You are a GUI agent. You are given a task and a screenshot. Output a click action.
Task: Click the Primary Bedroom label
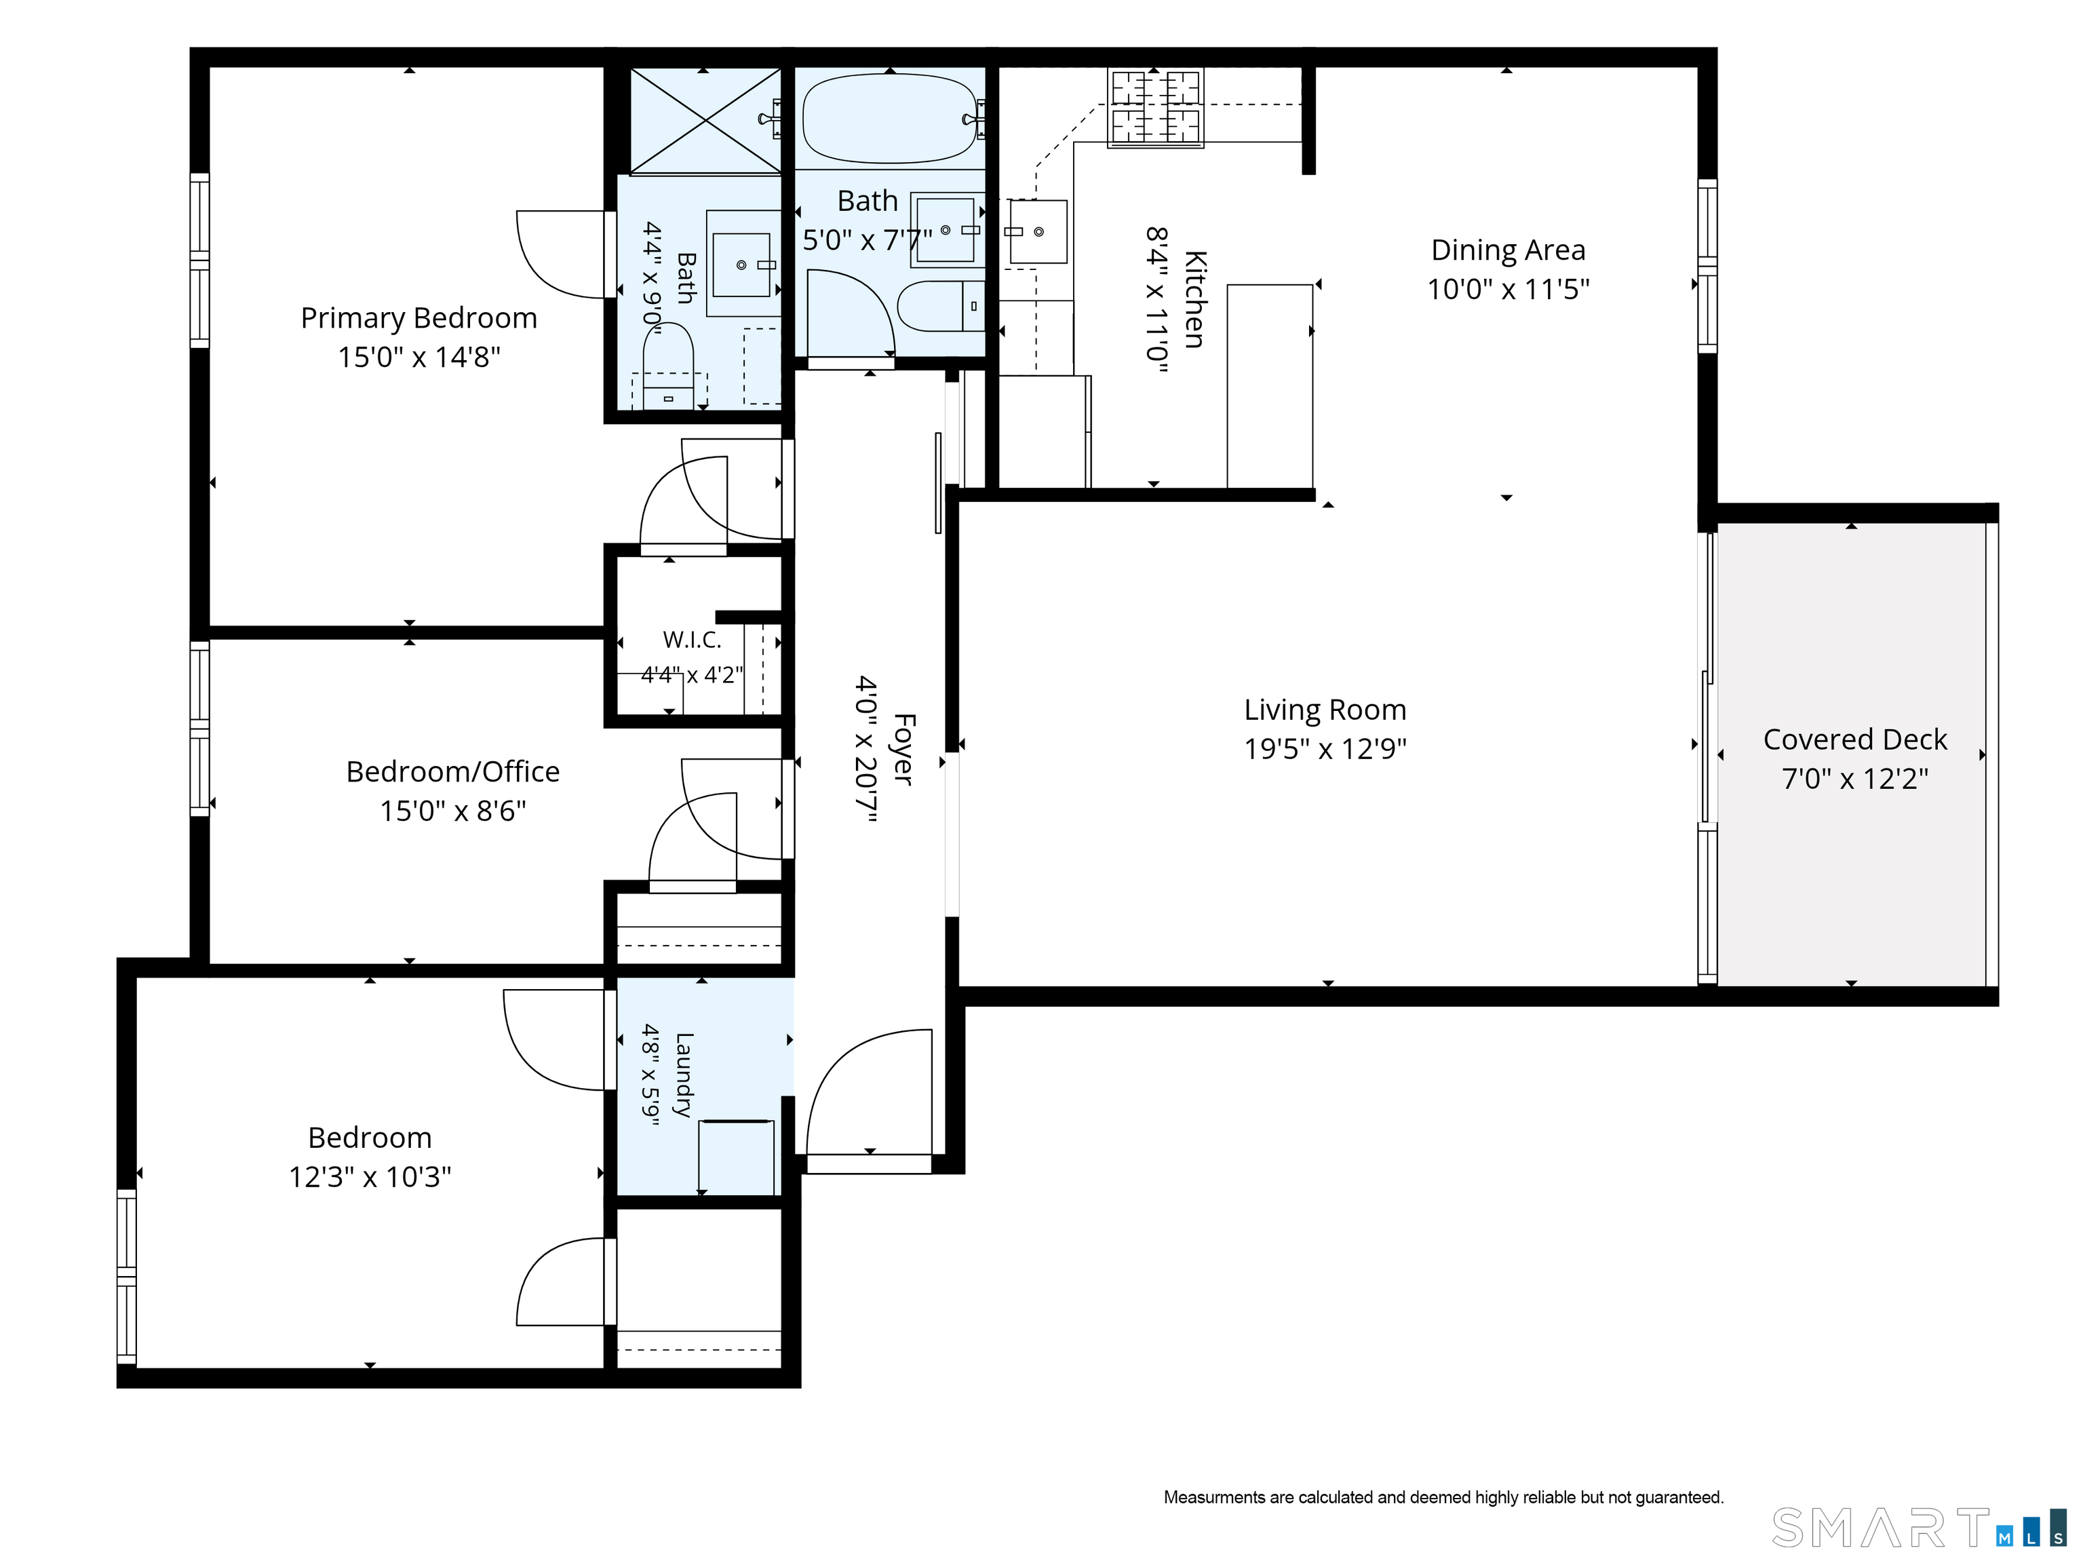point(419,318)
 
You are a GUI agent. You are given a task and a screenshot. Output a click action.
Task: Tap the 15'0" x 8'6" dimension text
point(453,811)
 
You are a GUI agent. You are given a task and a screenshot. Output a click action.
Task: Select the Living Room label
point(1325,710)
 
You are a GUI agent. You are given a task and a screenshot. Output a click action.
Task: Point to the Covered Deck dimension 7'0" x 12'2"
point(1855,779)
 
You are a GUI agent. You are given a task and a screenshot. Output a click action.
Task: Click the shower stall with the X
point(705,121)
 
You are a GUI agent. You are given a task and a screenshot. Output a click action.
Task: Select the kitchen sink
point(1038,231)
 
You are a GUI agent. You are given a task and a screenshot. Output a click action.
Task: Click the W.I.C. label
point(692,640)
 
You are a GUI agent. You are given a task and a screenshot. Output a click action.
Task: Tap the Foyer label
point(903,750)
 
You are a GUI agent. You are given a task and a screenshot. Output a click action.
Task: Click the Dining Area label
point(1508,250)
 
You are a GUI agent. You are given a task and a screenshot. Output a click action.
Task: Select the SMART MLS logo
point(1919,1527)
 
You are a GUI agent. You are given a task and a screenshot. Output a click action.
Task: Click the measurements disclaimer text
point(1443,1497)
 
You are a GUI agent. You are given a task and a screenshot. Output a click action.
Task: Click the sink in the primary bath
point(742,265)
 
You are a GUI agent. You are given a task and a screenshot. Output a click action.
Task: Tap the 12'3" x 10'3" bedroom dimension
point(370,1177)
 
